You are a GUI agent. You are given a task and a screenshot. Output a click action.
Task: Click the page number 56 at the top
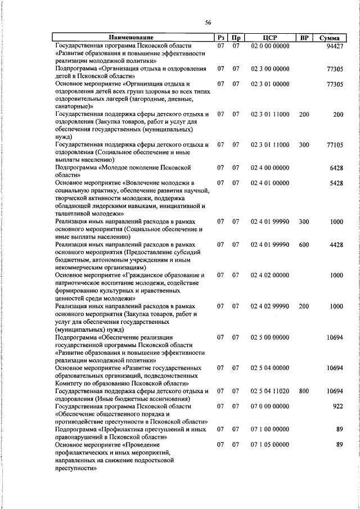[208, 22]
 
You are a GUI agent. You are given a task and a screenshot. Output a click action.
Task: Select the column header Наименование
[132, 38]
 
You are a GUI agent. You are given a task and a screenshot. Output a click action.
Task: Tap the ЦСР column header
[271, 38]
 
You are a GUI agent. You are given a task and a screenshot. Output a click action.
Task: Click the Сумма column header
[328, 38]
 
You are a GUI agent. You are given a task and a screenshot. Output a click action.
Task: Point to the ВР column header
[304, 38]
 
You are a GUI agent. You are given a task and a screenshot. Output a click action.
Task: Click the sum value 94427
[334, 46]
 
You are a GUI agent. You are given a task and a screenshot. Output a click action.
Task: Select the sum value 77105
[334, 145]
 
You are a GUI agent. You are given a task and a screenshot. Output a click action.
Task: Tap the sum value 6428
[336, 168]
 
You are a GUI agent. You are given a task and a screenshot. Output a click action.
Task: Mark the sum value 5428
[336, 183]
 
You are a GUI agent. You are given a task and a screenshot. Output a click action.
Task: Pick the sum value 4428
[336, 245]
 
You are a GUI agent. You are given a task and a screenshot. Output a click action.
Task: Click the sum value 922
[337, 406]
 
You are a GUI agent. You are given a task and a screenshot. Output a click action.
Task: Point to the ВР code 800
[304, 390]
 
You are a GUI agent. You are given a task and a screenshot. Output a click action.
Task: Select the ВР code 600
[304, 245]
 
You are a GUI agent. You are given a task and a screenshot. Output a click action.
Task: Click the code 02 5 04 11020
[271, 390]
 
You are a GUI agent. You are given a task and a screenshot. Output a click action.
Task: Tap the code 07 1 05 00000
[271, 444]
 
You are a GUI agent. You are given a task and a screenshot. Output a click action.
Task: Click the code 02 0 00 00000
[271, 46]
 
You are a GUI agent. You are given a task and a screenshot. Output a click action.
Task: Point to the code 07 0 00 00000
[271, 406]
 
